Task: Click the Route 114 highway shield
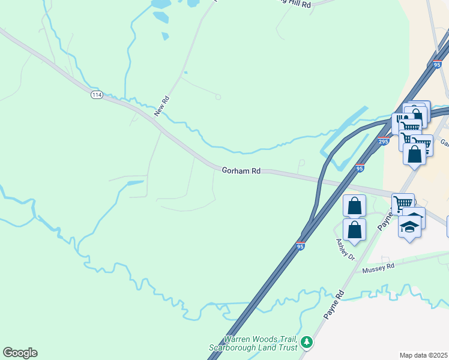(97, 95)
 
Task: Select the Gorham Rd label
(241, 171)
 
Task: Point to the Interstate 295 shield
(384, 142)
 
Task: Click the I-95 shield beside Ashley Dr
(301, 246)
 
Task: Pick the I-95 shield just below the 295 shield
(360, 169)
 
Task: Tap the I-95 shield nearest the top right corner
(439, 64)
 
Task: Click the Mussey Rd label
(378, 268)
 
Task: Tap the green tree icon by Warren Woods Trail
(307, 342)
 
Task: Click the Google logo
(20, 353)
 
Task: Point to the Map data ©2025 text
(423, 355)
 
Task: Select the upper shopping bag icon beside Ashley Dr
(355, 206)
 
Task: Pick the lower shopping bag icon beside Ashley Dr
(355, 229)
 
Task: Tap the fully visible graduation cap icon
(410, 227)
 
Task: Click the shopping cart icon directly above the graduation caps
(403, 202)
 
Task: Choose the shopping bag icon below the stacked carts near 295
(414, 154)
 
